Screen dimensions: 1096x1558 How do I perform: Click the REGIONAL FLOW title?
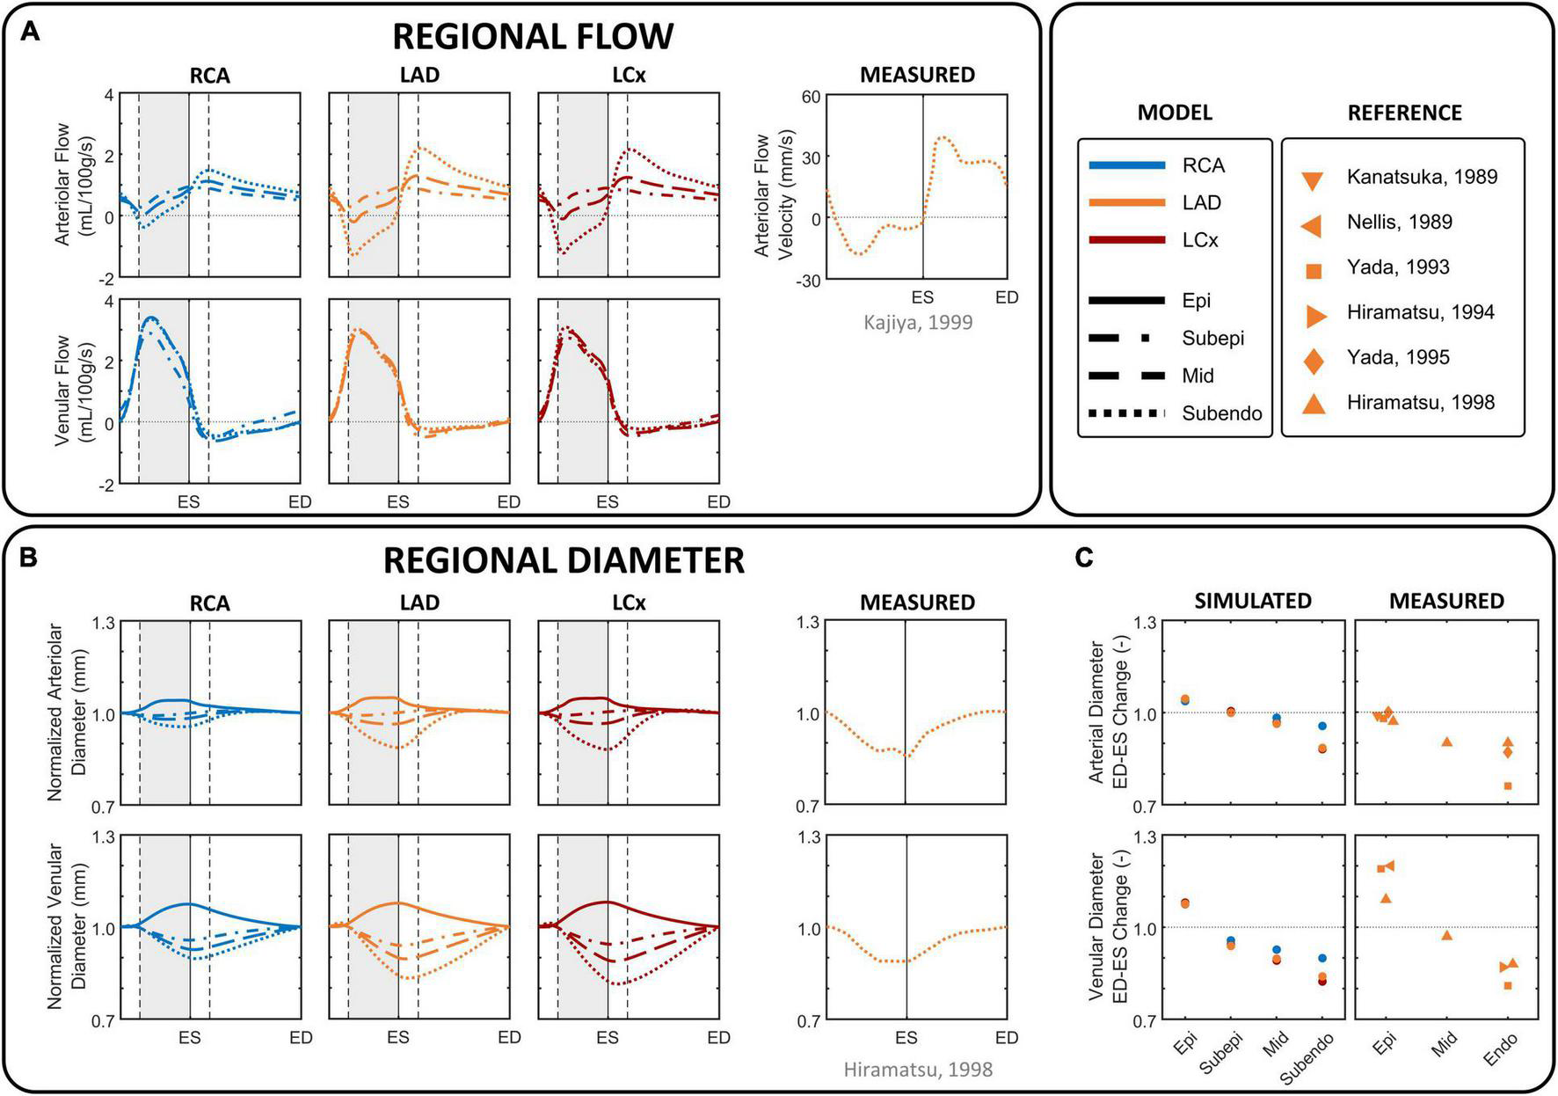532,37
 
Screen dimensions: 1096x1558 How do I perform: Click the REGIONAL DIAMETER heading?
564,560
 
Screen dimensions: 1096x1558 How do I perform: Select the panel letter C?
1084,558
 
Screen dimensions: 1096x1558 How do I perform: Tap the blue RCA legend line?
1126,165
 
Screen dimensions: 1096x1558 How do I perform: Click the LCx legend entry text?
1200,240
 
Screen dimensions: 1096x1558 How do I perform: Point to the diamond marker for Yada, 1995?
1314,359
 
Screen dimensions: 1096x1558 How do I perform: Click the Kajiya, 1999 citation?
917,322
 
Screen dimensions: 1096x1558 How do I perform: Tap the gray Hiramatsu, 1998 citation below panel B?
917,1070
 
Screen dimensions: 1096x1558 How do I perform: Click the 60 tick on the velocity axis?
810,97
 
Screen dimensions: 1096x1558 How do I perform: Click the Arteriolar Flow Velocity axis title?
773,195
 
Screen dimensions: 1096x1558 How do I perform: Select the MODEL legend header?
1175,113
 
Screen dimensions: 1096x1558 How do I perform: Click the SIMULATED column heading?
1252,601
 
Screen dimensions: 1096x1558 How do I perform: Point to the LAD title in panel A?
419,76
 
